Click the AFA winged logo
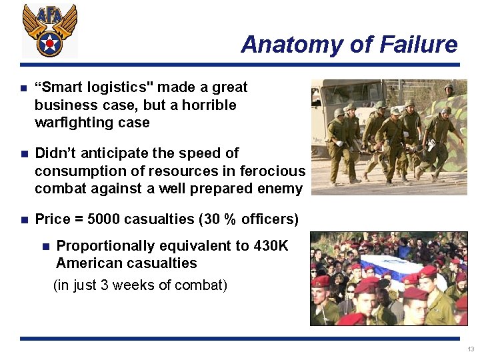click(49, 30)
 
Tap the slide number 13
click(471, 349)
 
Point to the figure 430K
click(271, 245)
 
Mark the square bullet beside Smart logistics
click(23, 88)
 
